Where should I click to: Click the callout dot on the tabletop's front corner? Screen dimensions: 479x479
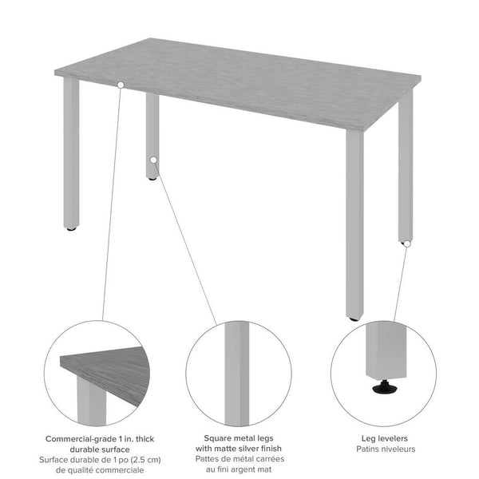(x=121, y=84)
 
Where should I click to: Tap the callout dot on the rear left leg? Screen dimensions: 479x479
(x=152, y=160)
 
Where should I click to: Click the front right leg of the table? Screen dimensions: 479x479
(x=354, y=224)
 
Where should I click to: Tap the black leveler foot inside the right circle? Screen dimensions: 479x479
(x=383, y=389)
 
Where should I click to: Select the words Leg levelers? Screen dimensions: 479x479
(x=383, y=439)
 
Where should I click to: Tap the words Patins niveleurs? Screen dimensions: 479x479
(x=383, y=449)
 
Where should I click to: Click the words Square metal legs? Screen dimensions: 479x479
(x=239, y=439)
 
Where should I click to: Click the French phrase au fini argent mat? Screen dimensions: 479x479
(x=239, y=470)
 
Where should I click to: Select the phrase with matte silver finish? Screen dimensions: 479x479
(x=239, y=449)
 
